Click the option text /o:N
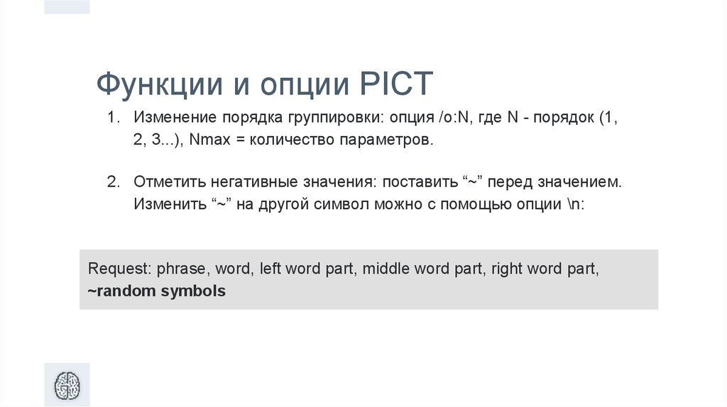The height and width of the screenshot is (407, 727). click(x=452, y=117)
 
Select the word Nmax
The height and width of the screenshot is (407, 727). click(x=208, y=140)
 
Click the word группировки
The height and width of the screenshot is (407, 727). click(x=328, y=117)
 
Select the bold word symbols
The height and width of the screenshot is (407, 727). click(x=194, y=291)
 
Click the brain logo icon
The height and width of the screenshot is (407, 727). click(x=67, y=386)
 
